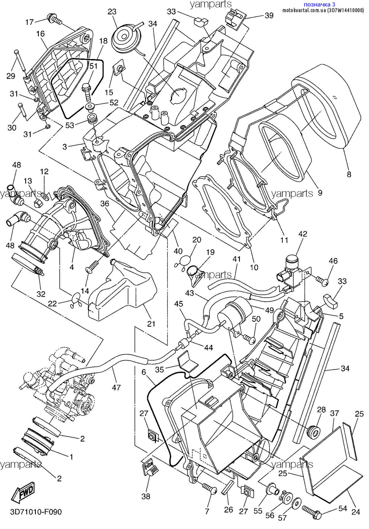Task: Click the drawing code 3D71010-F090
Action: click(x=36, y=512)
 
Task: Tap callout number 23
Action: click(x=112, y=11)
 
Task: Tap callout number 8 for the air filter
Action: click(x=349, y=174)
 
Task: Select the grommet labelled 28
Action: click(x=313, y=432)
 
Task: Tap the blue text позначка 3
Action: click(x=319, y=4)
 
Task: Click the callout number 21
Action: click(x=151, y=324)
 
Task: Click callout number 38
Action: click(x=146, y=496)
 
